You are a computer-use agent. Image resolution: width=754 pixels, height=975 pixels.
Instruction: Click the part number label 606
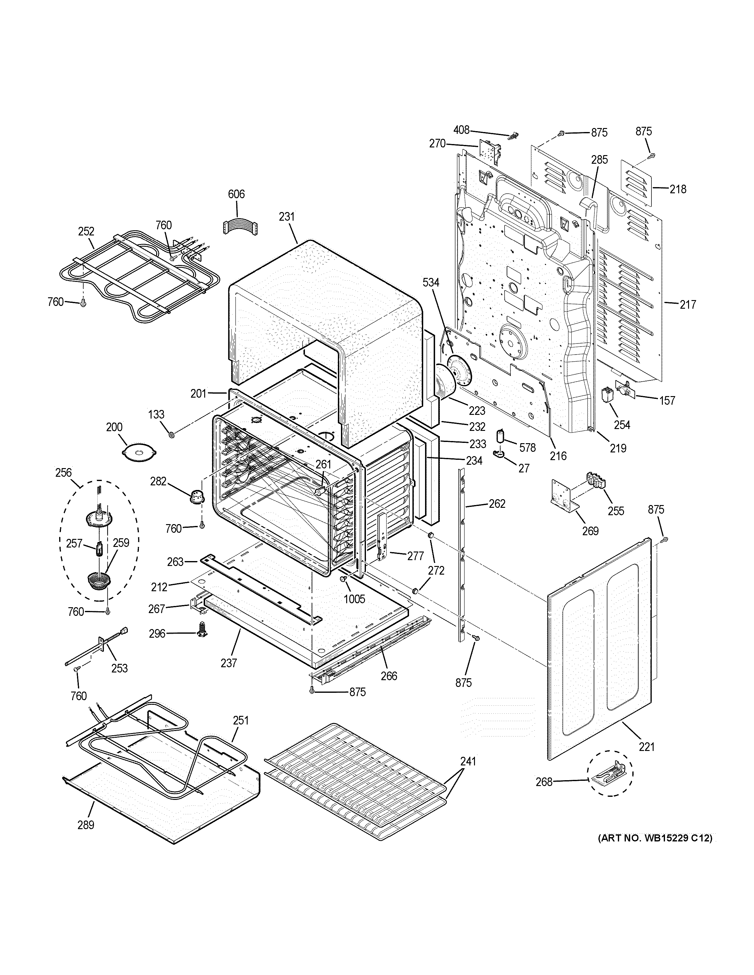click(236, 194)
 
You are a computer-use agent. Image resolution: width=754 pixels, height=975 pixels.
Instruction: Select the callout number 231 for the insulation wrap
click(287, 217)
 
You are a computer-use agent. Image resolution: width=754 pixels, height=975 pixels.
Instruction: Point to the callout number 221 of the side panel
click(646, 746)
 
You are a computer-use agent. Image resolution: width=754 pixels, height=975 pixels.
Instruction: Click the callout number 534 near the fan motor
click(431, 283)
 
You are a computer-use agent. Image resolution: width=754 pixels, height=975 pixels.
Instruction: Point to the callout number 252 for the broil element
click(86, 231)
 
